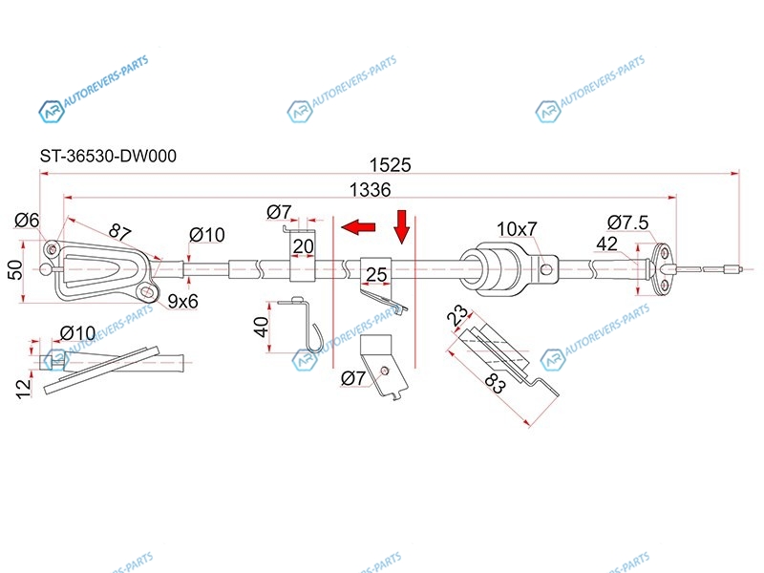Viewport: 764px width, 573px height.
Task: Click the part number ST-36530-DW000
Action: click(108, 156)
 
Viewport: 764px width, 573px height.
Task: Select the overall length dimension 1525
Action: click(390, 165)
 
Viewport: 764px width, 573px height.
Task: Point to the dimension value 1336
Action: click(371, 189)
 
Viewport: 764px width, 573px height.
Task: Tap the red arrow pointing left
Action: click(358, 226)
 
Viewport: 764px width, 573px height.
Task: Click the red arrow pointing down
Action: click(402, 226)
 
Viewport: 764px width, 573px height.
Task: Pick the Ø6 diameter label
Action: click(27, 221)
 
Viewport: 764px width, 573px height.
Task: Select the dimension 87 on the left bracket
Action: click(119, 230)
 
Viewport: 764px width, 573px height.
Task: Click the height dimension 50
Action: click(15, 269)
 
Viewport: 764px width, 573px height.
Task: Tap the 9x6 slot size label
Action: click(182, 302)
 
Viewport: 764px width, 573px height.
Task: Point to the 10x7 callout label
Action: click(517, 228)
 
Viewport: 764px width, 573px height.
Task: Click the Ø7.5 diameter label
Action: click(628, 223)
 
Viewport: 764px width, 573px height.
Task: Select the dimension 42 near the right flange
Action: click(606, 244)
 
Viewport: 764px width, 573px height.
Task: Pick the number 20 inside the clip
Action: click(303, 246)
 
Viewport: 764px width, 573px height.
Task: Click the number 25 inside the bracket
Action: click(376, 275)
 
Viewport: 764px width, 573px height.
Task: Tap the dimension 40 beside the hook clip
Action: click(262, 327)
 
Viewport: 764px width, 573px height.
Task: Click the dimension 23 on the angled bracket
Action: click(457, 315)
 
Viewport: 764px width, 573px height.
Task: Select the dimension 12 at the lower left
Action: click(23, 389)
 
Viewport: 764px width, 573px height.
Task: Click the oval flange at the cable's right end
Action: click(663, 269)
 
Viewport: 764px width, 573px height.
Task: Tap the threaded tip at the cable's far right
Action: click(732, 268)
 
